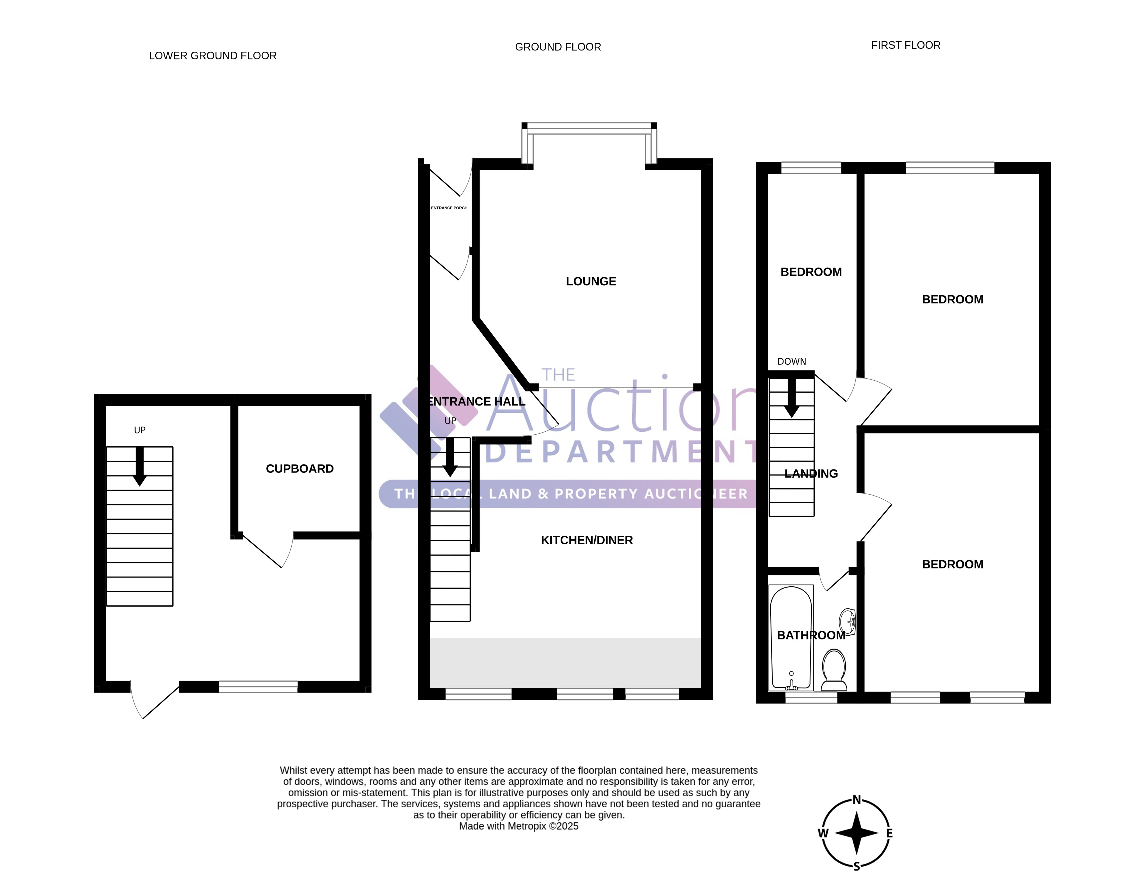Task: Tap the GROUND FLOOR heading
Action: point(558,47)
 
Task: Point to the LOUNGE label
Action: point(591,281)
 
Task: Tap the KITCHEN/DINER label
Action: point(587,540)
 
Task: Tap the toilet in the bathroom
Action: point(834,670)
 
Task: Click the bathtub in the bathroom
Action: point(791,638)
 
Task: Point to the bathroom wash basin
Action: point(848,622)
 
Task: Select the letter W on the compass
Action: point(823,833)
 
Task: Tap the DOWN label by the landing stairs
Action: point(792,362)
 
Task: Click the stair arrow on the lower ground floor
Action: point(139,466)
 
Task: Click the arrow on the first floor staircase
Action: point(792,398)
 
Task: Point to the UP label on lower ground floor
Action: point(139,430)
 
